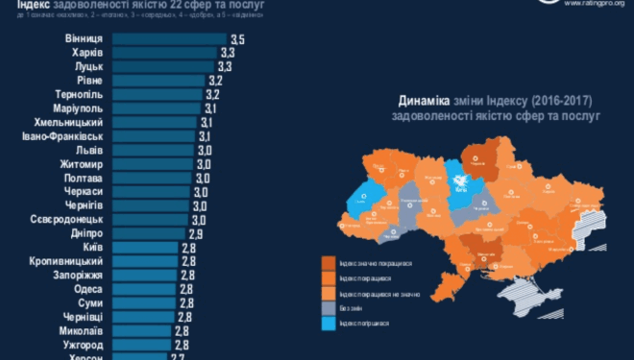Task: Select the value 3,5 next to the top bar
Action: coord(238,38)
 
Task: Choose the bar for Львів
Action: coord(155,151)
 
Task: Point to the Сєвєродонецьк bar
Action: coord(155,220)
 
